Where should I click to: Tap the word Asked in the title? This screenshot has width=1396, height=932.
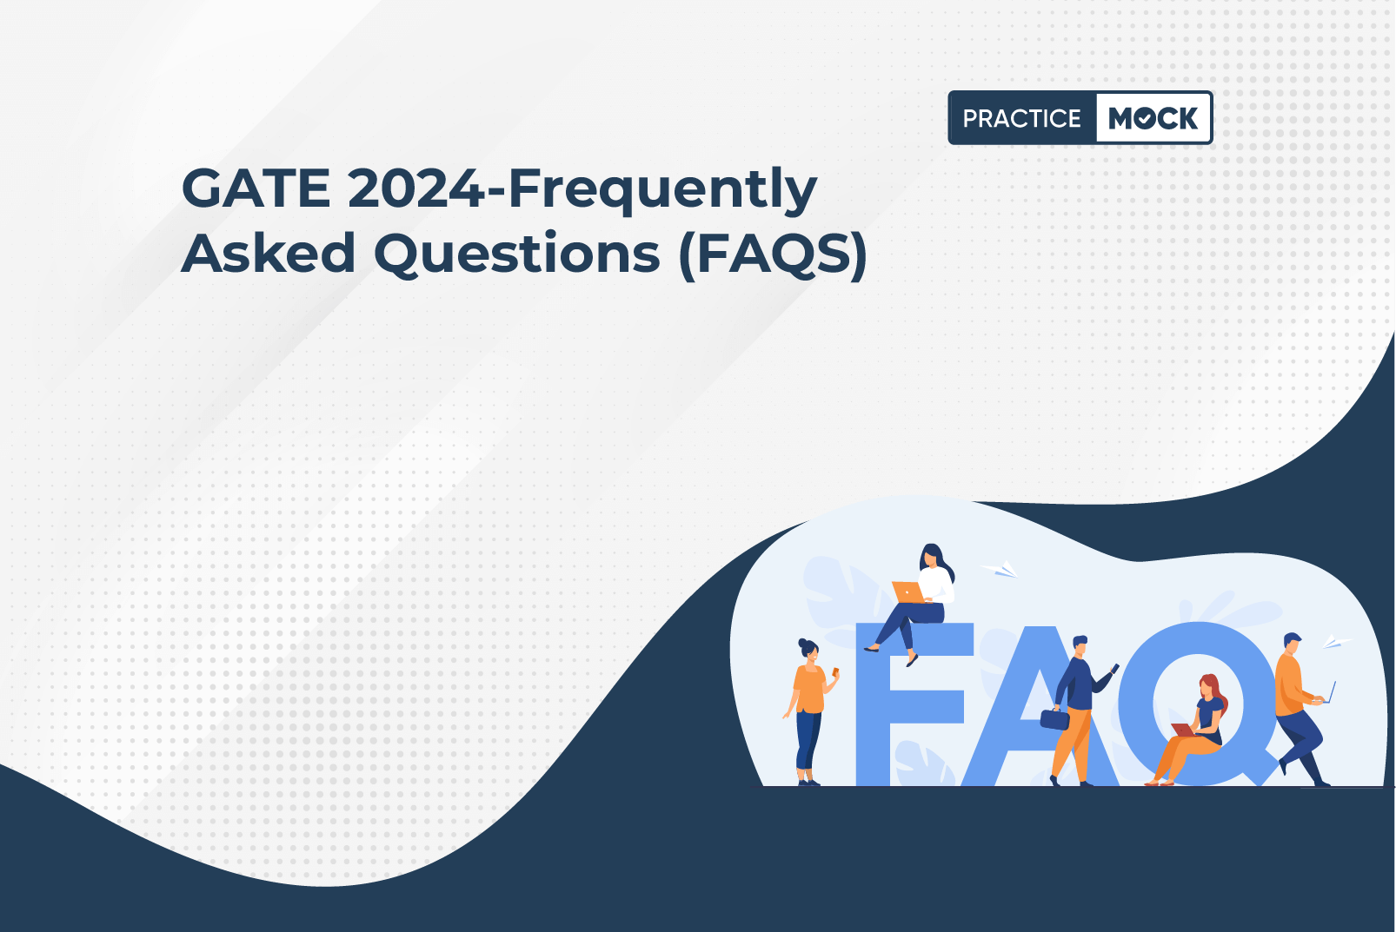(x=269, y=253)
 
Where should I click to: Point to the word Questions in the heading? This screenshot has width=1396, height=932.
(x=516, y=254)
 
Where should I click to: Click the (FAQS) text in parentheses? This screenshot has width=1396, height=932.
(x=773, y=254)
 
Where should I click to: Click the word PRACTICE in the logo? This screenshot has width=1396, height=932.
(x=1021, y=118)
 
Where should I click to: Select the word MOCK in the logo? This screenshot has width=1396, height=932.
(x=1153, y=118)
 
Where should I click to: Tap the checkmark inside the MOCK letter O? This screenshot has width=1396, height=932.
(x=1146, y=118)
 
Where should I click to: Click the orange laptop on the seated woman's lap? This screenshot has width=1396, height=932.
(x=909, y=592)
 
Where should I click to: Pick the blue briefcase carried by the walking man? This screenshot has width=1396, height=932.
(x=1054, y=719)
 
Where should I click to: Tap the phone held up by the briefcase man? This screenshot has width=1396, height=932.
(x=1114, y=669)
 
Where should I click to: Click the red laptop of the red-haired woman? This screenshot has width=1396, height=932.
(x=1183, y=730)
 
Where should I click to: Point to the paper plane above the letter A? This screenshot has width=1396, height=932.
(x=1000, y=569)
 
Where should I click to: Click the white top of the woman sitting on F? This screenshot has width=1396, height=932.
(x=936, y=585)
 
